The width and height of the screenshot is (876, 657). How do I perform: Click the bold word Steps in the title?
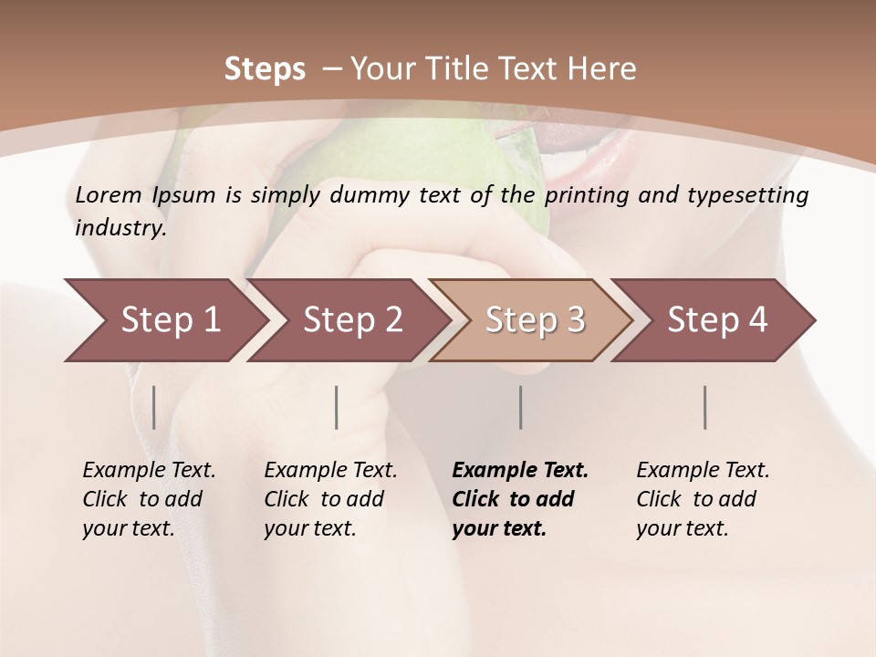[x=265, y=69]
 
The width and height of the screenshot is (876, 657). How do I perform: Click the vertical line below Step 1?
[x=154, y=407]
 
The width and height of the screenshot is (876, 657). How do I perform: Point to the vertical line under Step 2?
[x=337, y=407]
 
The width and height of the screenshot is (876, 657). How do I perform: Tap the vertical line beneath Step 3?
[x=521, y=407]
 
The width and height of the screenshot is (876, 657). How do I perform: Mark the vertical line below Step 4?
[x=705, y=407]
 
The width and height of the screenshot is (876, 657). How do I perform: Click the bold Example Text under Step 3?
[x=520, y=471]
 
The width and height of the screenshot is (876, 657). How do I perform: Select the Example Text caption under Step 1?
[x=149, y=471]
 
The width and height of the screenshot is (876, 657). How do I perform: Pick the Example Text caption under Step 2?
[x=330, y=471]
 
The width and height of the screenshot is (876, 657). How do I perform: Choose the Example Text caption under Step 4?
[x=703, y=471]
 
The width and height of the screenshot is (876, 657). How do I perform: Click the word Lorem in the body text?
[x=109, y=195]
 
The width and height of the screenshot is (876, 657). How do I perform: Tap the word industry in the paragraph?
[x=120, y=228]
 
